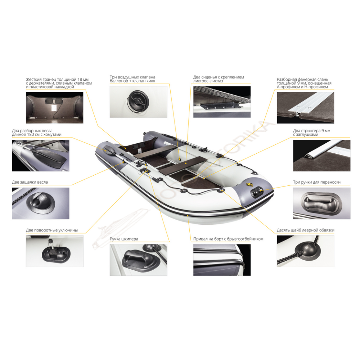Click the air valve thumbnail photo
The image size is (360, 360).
(x=139, y=102)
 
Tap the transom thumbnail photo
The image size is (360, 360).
(x=55, y=108)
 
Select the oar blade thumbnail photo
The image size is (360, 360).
(x=41, y=156)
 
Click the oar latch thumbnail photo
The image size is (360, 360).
(x=41, y=203)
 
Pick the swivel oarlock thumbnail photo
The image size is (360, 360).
(x=55, y=251)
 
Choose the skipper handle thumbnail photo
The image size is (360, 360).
(x=139, y=260)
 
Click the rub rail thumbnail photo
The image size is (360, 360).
(x=222, y=260)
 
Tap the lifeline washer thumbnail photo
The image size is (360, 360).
(x=306, y=251)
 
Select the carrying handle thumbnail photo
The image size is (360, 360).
(x=321, y=203)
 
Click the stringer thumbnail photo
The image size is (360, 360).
(x=321, y=156)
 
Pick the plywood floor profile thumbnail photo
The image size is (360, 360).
(x=306, y=108)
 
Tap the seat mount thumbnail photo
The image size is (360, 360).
(x=222, y=102)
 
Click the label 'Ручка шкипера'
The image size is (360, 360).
(x=124, y=239)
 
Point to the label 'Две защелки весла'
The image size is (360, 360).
(x=30, y=182)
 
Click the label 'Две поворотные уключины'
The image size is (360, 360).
(x=52, y=230)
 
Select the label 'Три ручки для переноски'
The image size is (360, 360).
(x=317, y=182)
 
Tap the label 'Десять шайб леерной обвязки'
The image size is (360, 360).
(x=306, y=230)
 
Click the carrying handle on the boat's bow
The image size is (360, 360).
(x=257, y=192)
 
